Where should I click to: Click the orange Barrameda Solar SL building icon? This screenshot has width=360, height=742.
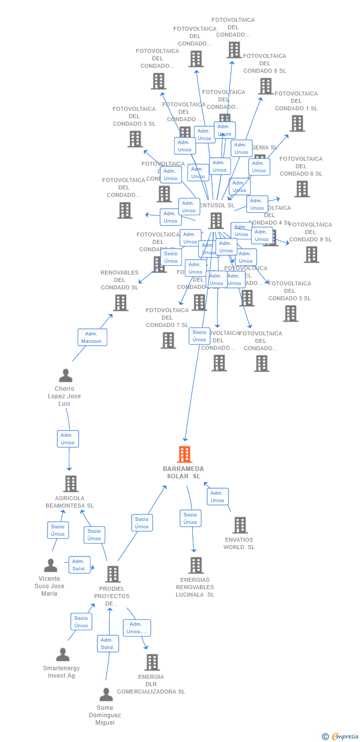[184, 454]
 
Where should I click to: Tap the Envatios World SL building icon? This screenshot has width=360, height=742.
[240, 525]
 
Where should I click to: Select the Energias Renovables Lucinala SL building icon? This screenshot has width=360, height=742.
[196, 565]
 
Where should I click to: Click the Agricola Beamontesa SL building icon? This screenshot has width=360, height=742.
[71, 483]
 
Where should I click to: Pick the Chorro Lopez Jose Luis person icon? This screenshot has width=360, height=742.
[65, 375]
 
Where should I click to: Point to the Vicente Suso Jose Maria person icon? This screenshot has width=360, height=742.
[50, 565]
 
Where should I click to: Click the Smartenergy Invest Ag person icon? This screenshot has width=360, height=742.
[62, 654]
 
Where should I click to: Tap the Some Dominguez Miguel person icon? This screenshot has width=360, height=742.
[106, 695]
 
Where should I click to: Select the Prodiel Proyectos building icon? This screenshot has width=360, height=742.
[113, 574]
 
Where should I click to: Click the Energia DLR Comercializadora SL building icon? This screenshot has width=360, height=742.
[152, 662]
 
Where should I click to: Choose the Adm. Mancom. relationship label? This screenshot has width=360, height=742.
[92, 337]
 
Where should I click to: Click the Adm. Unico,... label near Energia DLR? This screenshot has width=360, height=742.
[136, 628]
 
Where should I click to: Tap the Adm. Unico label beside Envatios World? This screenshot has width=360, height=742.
[218, 497]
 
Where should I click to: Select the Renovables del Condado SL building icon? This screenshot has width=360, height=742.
[120, 303]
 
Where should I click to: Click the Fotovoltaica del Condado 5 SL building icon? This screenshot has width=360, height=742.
[135, 139]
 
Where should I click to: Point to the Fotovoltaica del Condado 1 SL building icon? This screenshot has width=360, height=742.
[297, 124]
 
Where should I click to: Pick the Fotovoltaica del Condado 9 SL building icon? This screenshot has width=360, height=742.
[311, 255]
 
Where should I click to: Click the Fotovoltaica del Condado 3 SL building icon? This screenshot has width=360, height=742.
[290, 314]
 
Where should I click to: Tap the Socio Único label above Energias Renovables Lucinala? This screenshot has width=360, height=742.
[190, 518]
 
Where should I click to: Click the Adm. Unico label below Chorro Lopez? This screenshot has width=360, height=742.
[68, 439]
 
